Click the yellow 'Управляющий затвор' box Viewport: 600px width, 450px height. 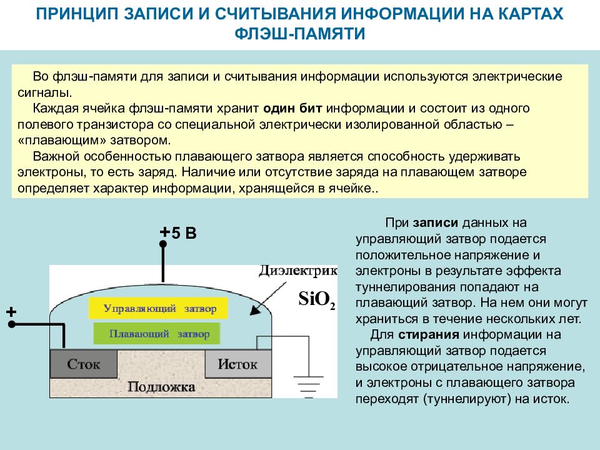point(158,308)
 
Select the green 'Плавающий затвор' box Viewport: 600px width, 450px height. point(157,334)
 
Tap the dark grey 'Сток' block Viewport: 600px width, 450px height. point(84,364)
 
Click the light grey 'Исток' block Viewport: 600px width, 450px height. point(238,364)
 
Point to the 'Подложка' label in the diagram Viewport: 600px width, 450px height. point(161,387)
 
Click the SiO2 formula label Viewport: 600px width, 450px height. point(317,299)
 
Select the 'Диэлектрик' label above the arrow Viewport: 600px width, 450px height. point(297,271)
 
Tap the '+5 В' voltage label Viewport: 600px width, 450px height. point(178,232)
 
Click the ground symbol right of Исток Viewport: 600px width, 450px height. point(308,387)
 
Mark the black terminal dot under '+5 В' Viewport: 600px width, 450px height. point(163,244)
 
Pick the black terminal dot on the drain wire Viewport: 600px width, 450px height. point(12,324)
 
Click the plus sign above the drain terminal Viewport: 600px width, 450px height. point(11,312)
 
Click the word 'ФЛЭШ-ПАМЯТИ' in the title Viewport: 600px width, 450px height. point(299,34)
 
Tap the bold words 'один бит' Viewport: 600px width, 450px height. point(292,108)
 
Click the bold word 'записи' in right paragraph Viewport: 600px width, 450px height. point(436,222)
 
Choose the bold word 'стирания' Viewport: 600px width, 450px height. point(429,335)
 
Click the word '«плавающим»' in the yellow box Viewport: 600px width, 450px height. point(62,141)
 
